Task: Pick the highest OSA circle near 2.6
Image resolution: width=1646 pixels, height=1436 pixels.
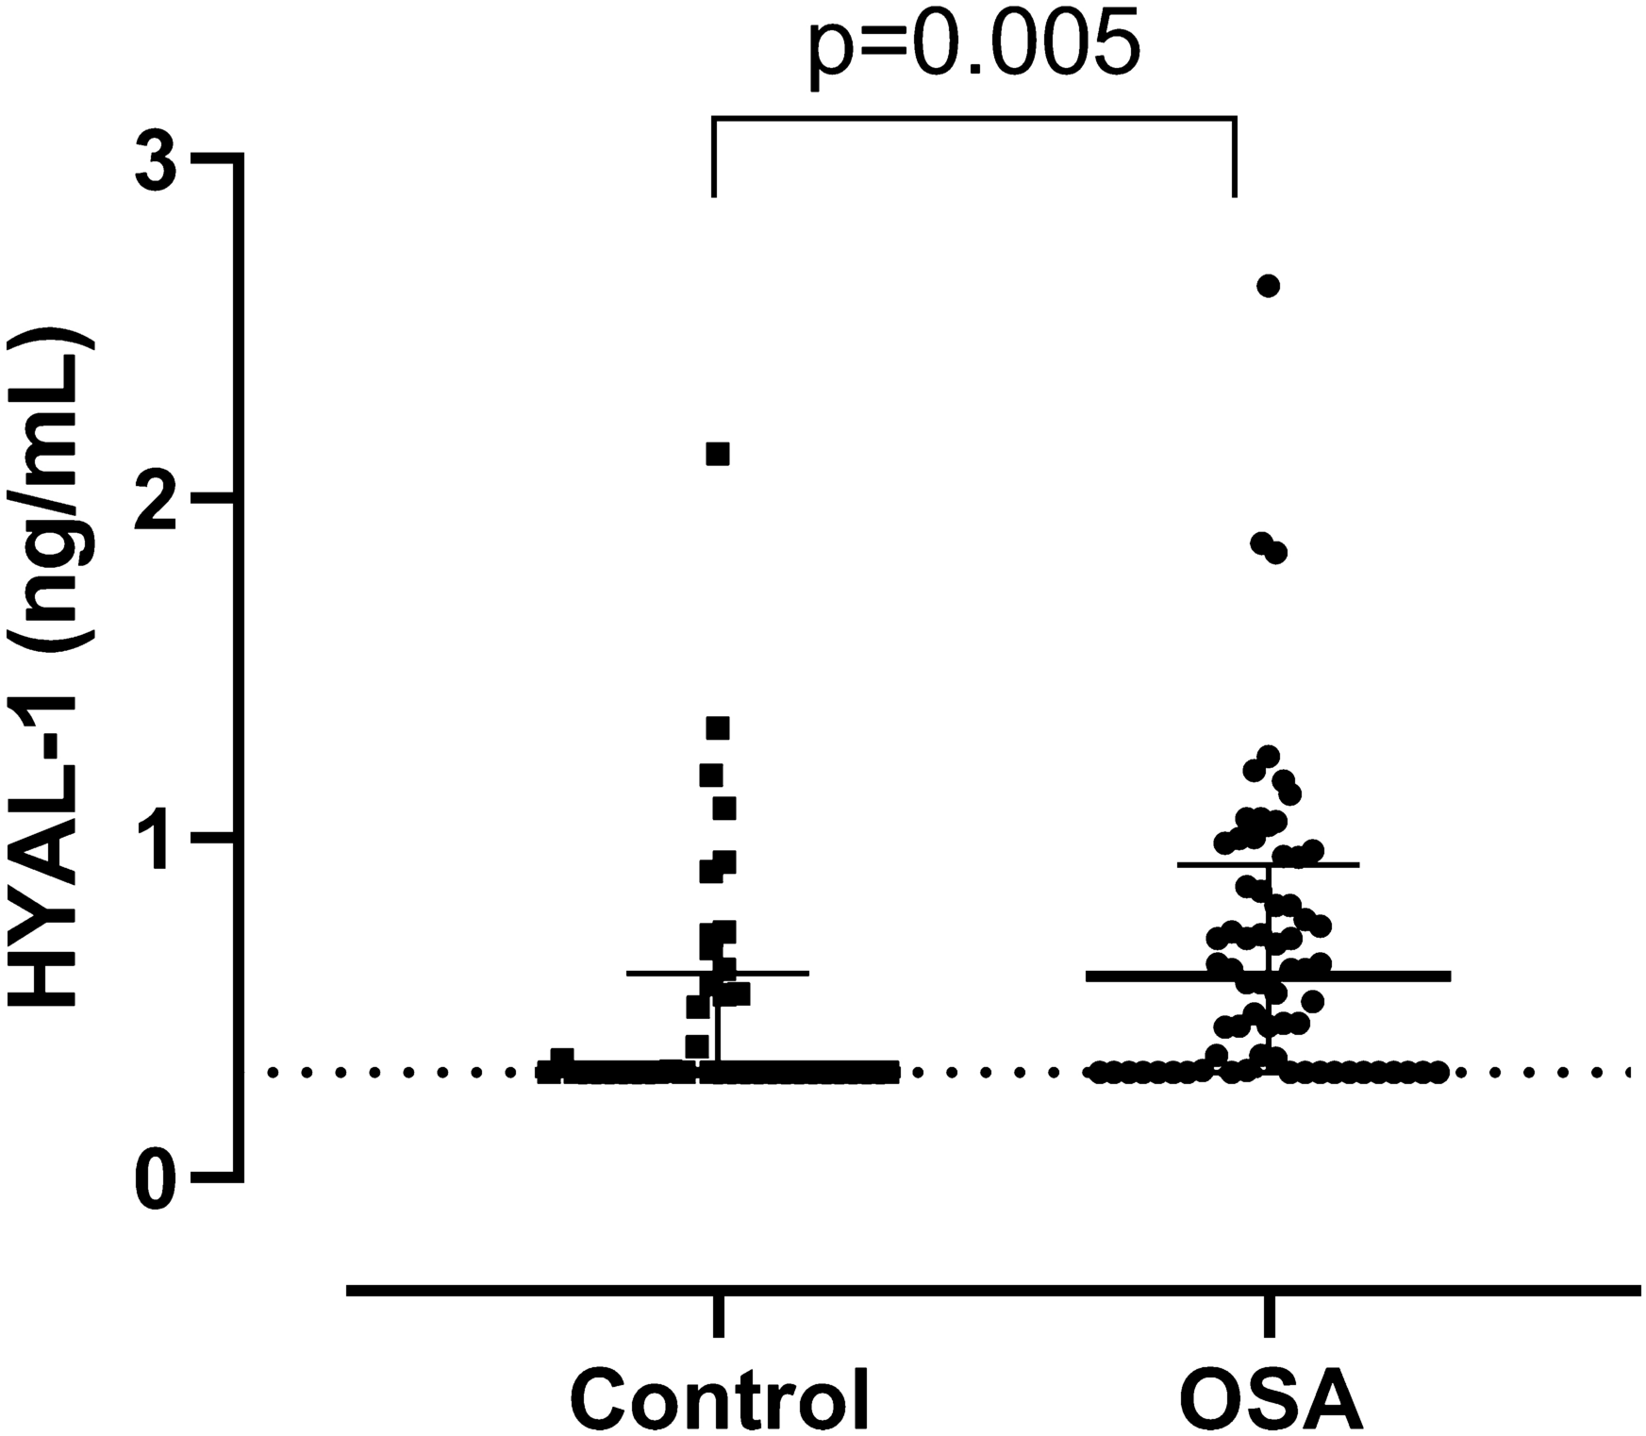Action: (x=1269, y=286)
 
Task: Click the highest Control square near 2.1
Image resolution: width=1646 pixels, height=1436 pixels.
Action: (x=718, y=455)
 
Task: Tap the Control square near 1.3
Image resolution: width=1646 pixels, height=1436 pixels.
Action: (x=718, y=727)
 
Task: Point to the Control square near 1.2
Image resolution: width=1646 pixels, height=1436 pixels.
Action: (x=711, y=776)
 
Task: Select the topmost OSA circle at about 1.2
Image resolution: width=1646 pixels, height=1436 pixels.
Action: (x=1269, y=756)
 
